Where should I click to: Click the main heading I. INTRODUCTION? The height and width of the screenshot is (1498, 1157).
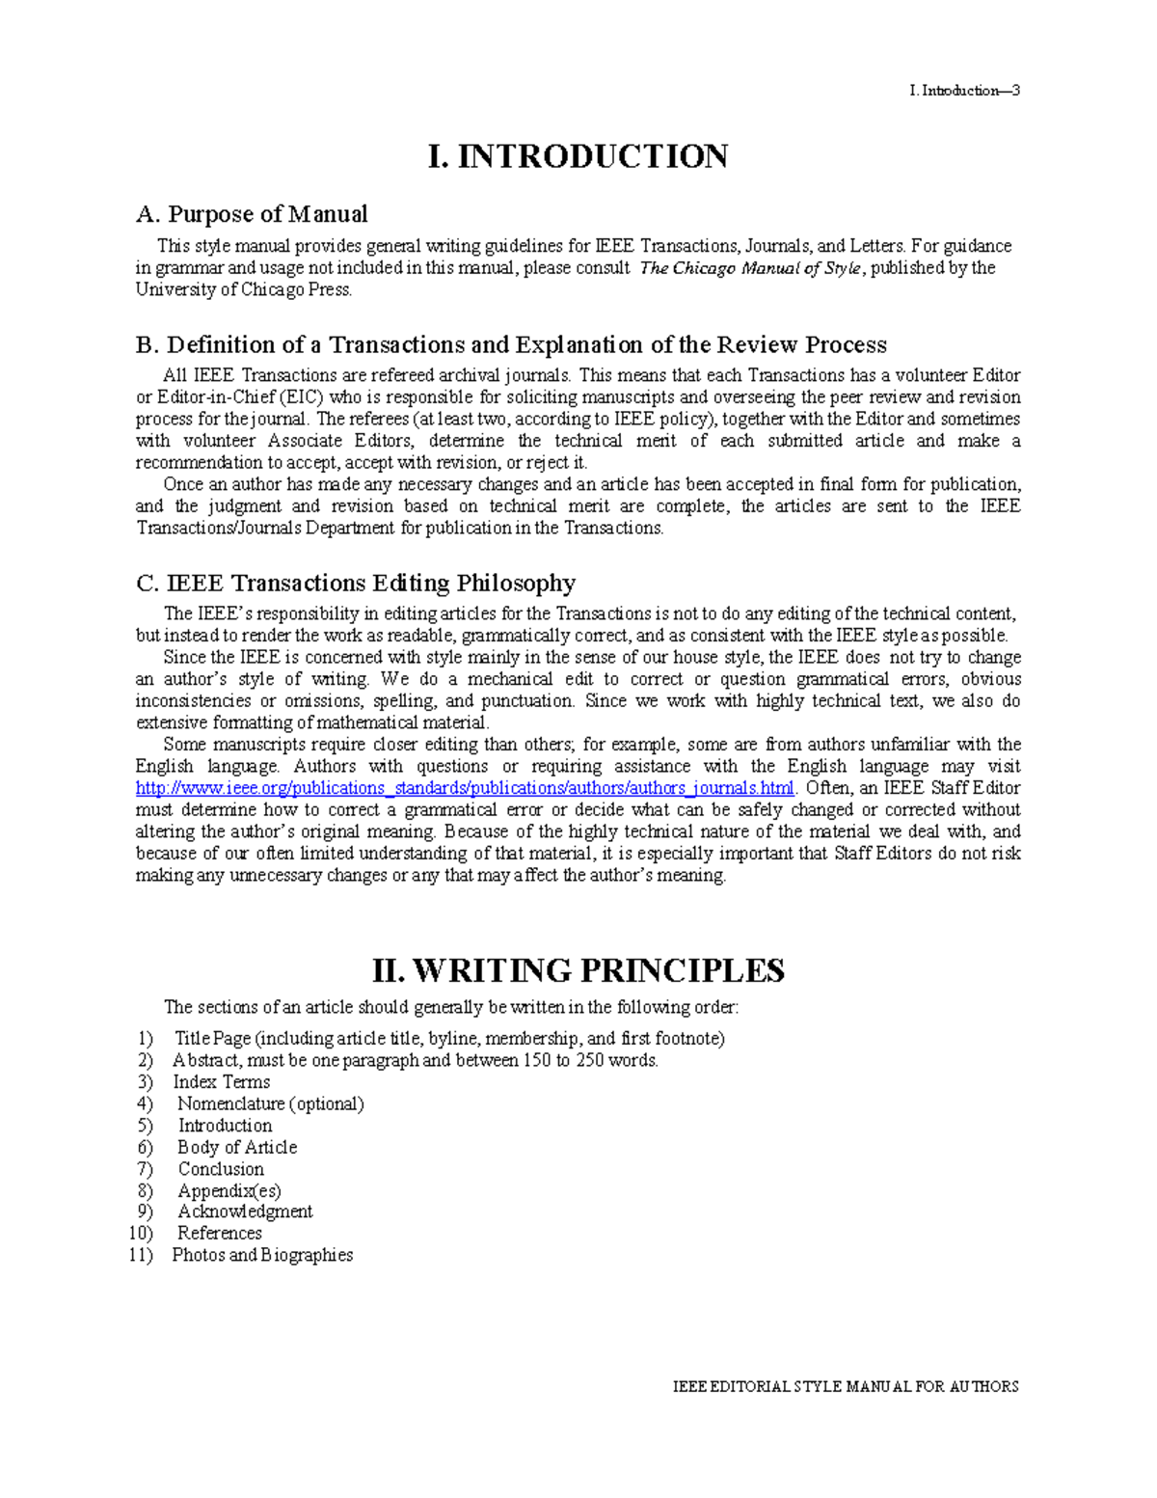point(578,156)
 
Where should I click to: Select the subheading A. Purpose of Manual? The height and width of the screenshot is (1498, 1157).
point(252,214)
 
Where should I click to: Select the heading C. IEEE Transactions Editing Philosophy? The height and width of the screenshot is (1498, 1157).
point(356,584)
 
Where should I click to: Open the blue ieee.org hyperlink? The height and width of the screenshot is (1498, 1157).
point(465,788)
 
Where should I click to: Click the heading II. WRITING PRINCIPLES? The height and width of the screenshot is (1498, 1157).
point(578,970)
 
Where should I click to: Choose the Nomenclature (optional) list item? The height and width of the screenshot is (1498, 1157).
point(270,1103)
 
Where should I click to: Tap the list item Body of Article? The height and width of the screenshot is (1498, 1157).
point(237,1147)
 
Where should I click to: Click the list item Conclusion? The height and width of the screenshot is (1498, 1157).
point(221,1169)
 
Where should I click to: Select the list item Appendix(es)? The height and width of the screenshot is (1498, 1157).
point(229,1190)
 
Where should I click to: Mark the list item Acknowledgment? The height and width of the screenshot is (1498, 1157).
point(245,1212)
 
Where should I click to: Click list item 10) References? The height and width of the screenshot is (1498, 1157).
point(219,1234)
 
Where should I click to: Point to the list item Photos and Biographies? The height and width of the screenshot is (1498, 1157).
point(262,1255)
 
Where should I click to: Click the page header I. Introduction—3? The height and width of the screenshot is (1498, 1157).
point(963,91)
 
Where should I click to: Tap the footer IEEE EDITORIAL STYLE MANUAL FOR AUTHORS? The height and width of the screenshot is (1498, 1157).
point(846,1387)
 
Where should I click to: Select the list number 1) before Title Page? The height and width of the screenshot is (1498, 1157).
point(145,1039)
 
